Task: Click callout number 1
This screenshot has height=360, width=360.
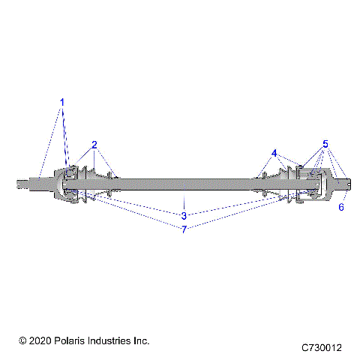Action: [62, 102]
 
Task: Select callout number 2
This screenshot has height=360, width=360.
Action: [94, 144]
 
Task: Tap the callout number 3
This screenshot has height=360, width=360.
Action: [184, 216]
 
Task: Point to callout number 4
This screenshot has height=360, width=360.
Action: [274, 153]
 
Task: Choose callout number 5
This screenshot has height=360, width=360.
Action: [325, 143]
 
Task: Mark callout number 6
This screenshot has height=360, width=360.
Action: [341, 207]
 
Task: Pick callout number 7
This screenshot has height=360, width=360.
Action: [184, 229]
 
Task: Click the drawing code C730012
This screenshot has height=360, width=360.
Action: [322, 348]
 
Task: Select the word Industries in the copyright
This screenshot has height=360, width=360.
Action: [113, 340]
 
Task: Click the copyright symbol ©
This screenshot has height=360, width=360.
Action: [23, 340]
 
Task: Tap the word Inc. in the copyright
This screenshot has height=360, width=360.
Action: [142, 340]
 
